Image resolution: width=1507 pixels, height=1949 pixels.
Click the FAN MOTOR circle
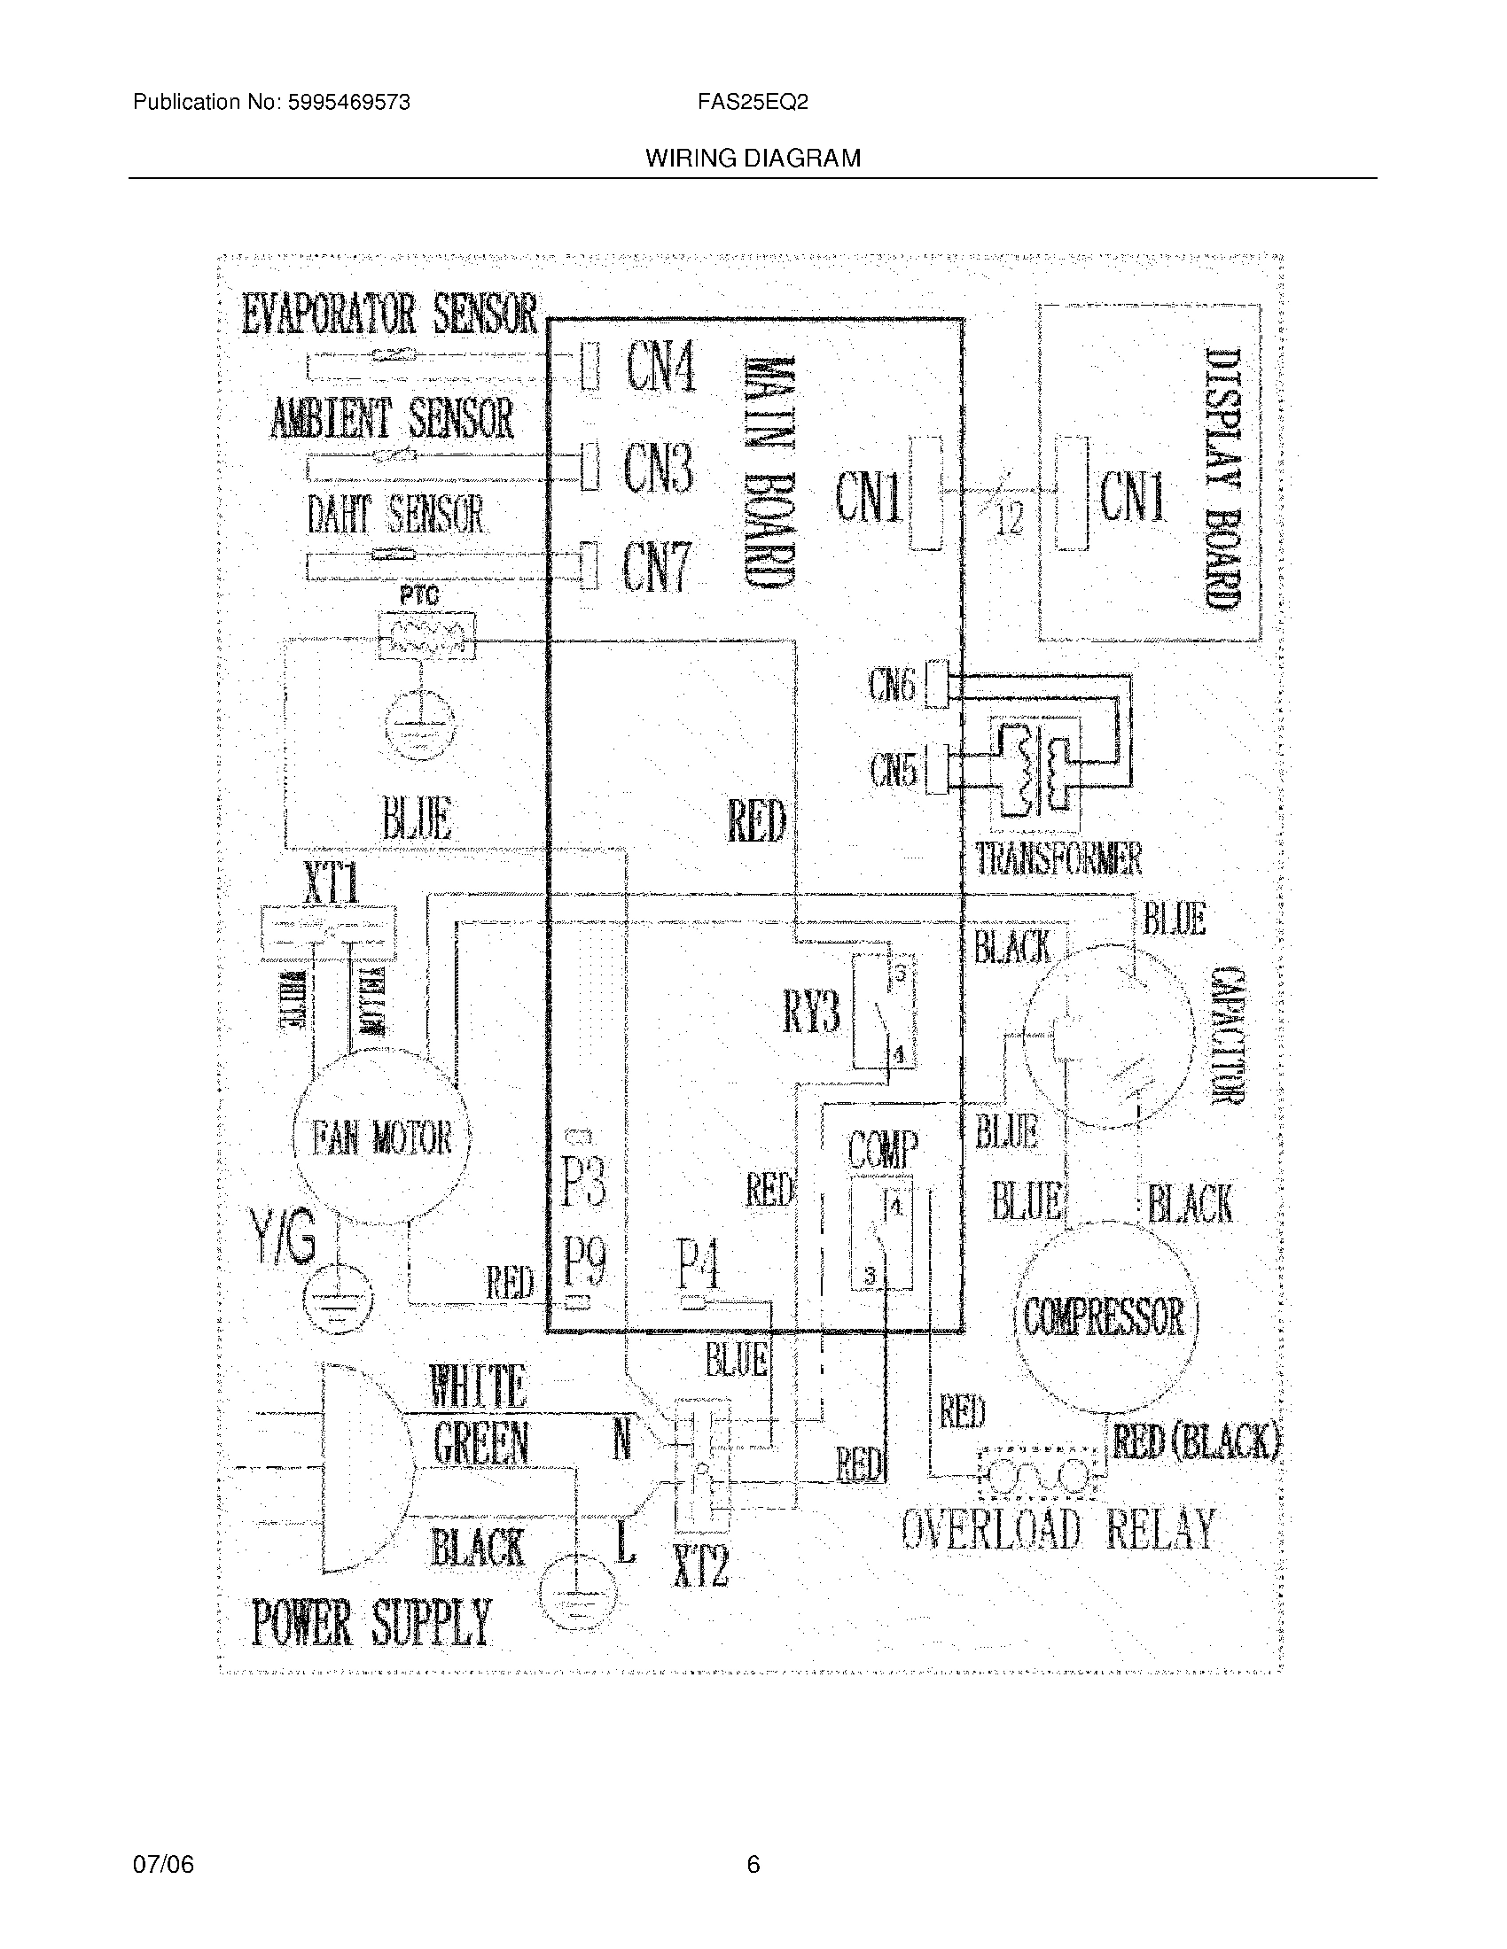381,1138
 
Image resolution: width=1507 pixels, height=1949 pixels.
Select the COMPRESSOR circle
1105,1316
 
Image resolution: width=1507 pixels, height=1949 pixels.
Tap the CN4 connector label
660,367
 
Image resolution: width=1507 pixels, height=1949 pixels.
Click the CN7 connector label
657,568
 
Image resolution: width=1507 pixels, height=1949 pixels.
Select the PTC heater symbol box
426,635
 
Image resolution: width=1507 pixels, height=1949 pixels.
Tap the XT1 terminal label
332,885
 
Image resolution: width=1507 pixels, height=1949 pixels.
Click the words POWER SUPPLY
371,1622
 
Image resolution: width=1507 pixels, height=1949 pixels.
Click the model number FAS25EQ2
753,103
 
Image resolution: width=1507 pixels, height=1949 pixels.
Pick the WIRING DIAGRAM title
753,159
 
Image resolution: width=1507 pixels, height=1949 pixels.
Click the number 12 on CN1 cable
1008,518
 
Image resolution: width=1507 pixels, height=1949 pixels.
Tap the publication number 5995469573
348,103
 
